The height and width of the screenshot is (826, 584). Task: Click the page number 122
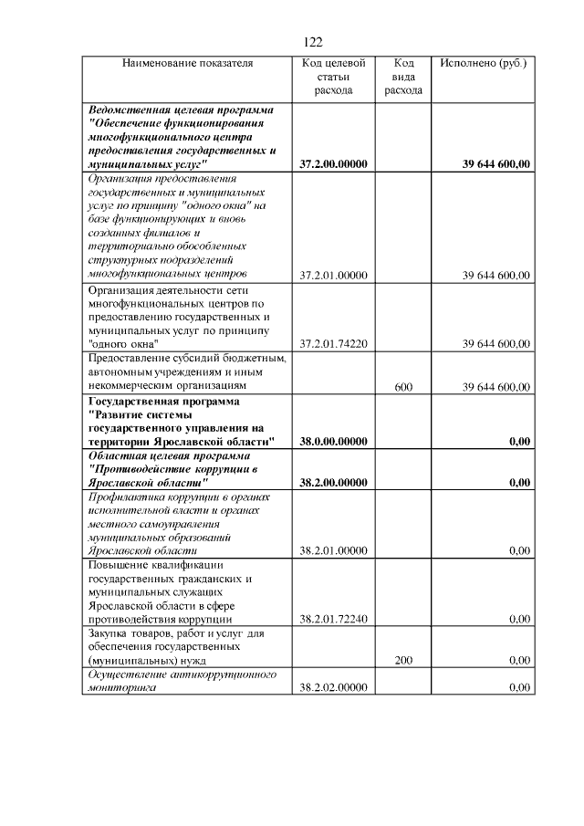312,42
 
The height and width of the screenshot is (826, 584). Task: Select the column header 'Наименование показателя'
187,64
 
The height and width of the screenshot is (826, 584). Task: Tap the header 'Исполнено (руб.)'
483,64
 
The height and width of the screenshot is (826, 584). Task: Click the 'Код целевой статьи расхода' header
333,77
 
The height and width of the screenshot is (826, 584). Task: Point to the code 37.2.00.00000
333,164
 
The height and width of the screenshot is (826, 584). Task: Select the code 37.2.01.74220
333,344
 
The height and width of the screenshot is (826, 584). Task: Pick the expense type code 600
403,387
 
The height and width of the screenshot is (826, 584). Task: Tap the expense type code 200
403,660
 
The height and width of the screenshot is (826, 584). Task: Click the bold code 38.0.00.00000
333,442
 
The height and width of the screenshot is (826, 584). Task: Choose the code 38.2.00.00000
333,482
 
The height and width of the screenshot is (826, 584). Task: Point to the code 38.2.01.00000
333,550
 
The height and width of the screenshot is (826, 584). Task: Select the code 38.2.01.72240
333,619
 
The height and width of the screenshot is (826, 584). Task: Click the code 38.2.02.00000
333,688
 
